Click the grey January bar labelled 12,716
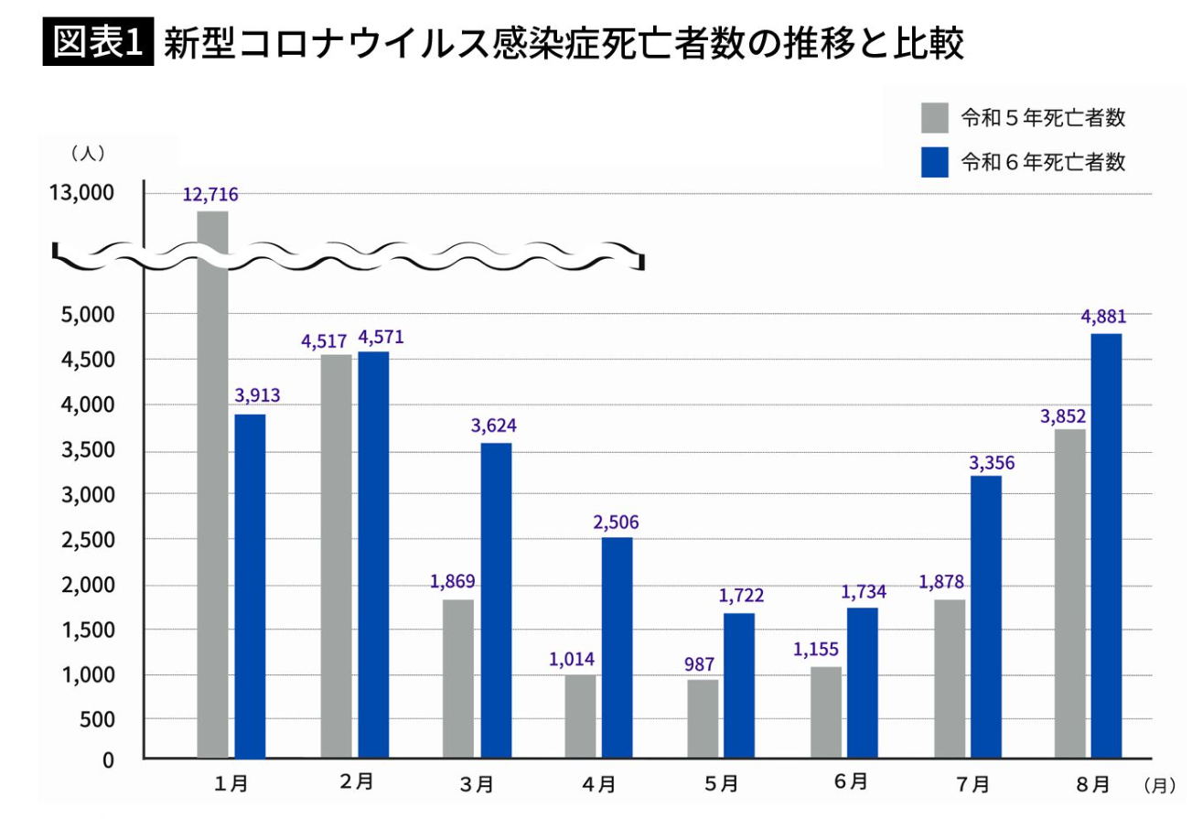tap(212, 485)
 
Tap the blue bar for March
tap(496, 600)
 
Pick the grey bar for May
tap(703, 718)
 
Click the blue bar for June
tap(862, 683)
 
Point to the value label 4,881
tap(1103, 318)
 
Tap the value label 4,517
tap(324, 341)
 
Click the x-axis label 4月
tap(598, 783)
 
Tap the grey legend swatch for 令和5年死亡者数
tap(935, 118)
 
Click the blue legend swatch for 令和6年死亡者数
tap(935, 162)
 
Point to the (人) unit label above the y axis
tap(87, 153)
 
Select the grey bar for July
tap(949, 678)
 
